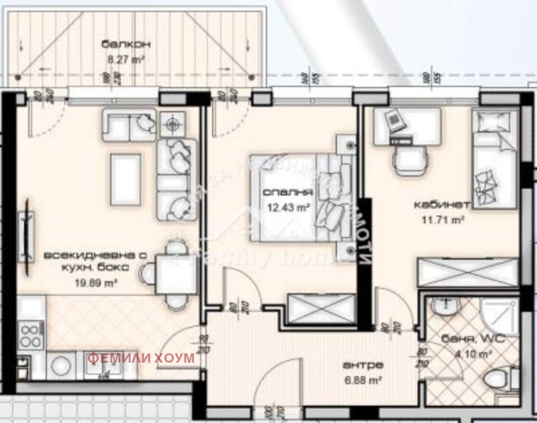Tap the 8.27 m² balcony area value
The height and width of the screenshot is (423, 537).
pyautogui.click(x=126, y=58)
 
